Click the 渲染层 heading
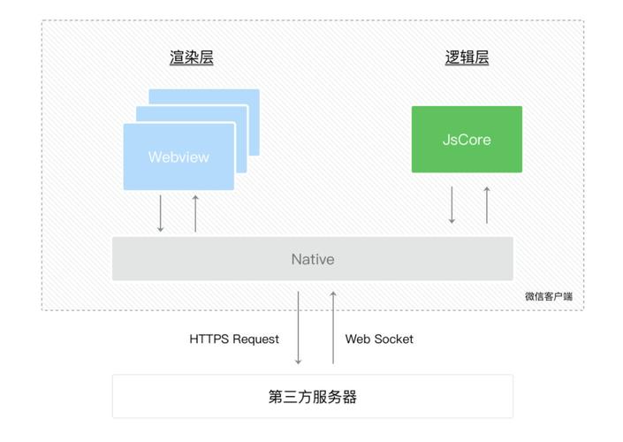(x=192, y=58)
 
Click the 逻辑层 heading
(x=467, y=58)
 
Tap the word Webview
(x=179, y=157)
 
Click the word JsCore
(x=467, y=140)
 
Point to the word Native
(x=313, y=259)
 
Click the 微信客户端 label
(x=548, y=296)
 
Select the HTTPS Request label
(x=234, y=339)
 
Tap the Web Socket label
(x=379, y=339)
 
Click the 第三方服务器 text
(x=313, y=396)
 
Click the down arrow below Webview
(x=160, y=213)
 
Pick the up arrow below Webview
(x=195, y=213)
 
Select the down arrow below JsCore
(x=452, y=204)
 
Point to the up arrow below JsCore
(x=487, y=204)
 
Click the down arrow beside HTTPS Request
(x=299, y=327)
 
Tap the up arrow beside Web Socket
(x=333, y=327)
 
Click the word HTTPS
(x=210, y=339)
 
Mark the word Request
(x=255, y=339)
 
